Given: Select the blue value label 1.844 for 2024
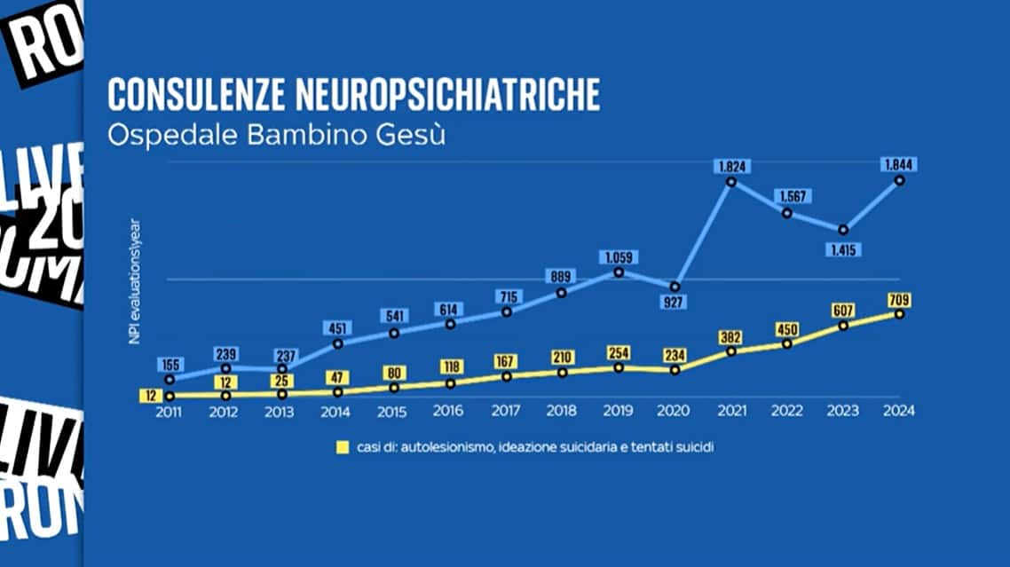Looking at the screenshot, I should click(x=899, y=164).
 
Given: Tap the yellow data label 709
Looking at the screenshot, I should click(x=899, y=299).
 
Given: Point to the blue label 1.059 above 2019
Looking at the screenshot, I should click(x=619, y=257).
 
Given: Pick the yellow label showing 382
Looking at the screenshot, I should click(x=730, y=336).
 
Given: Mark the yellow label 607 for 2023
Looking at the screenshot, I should click(x=844, y=311).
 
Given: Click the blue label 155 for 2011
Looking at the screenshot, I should click(x=170, y=364).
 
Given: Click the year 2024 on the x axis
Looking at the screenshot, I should click(x=899, y=411).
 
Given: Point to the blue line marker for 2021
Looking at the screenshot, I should click(x=730, y=182).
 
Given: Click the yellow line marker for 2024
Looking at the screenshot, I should click(x=899, y=314).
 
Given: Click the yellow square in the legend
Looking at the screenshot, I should click(x=342, y=447).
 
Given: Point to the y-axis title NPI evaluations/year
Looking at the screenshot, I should click(x=136, y=280).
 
